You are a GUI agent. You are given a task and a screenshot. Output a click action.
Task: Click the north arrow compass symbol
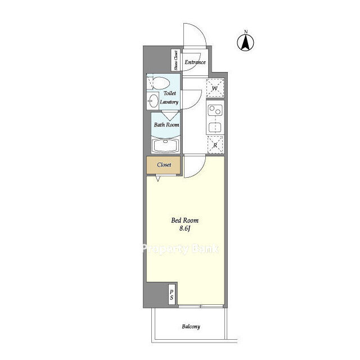(x=245, y=43)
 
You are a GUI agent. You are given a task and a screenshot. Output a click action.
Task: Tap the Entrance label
(x=195, y=62)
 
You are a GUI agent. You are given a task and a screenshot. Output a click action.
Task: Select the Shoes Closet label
(x=176, y=60)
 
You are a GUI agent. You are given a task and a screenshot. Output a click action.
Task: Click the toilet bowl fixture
(x=160, y=83)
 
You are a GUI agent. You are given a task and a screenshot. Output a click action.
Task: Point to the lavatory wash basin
(x=153, y=101)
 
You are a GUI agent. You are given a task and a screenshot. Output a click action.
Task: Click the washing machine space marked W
(x=215, y=88)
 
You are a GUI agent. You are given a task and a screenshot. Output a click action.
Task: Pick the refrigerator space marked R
(x=215, y=145)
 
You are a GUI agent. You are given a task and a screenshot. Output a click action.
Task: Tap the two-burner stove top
(x=215, y=110)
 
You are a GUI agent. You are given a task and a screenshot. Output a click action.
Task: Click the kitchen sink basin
(x=215, y=128)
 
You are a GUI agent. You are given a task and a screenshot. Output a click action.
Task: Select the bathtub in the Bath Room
(x=165, y=145)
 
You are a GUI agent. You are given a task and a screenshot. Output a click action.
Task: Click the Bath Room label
(x=166, y=125)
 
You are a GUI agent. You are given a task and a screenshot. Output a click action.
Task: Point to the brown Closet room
(x=164, y=165)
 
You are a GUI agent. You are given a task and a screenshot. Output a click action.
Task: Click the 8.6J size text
(x=185, y=229)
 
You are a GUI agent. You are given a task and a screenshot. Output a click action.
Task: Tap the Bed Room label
(x=185, y=220)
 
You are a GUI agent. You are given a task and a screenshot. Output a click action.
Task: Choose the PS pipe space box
(x=172, y=295)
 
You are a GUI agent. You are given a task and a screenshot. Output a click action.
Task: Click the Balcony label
(x=191, y=326)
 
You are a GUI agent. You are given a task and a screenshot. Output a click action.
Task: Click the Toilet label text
(x=170, y=93)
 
